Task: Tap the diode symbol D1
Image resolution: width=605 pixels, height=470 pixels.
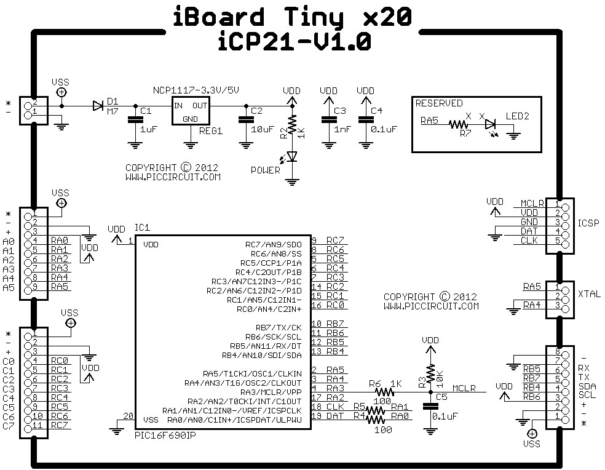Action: pos(98,106)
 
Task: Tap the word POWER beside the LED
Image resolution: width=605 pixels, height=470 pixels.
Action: pos(265,170)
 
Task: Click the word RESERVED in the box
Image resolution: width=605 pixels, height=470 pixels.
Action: pos(439,103)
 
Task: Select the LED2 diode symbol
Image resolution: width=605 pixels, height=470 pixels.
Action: pos(490,124)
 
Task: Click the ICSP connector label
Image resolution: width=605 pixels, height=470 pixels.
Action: pos(588,223)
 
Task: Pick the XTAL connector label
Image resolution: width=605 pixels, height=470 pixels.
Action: pos(589,295)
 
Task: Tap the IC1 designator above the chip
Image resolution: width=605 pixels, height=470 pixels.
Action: pos(142,228)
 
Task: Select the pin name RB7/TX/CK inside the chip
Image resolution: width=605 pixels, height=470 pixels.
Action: pos(278,327)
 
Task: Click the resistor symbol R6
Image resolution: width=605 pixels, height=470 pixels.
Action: pos(384,392)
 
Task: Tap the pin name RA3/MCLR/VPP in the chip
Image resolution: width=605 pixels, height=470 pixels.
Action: pos(271,392)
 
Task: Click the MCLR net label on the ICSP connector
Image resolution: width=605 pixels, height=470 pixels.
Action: pos(532,203)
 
